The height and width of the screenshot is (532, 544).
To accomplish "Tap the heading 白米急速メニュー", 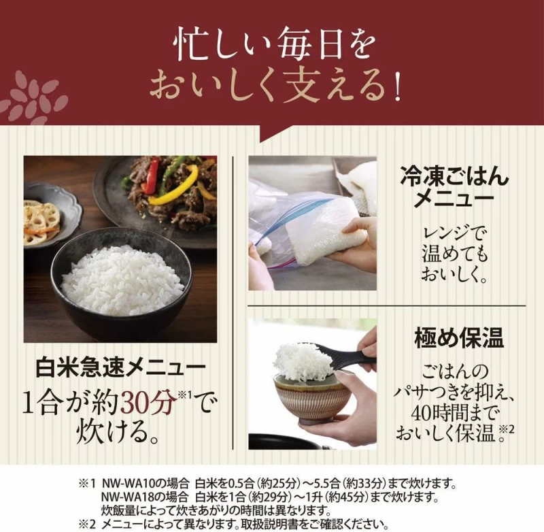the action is tap(120, 368).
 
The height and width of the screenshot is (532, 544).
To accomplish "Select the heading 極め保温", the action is tap(458, 338).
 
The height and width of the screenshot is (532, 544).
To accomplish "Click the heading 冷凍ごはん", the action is tap(455, 176).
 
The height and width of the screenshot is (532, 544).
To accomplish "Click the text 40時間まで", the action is tap(455, 414).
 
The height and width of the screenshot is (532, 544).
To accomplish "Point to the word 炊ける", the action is tap(117, 432).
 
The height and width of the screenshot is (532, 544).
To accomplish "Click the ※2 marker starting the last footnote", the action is tap(87, 524).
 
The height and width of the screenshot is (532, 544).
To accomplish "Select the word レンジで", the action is tap(454, 234).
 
